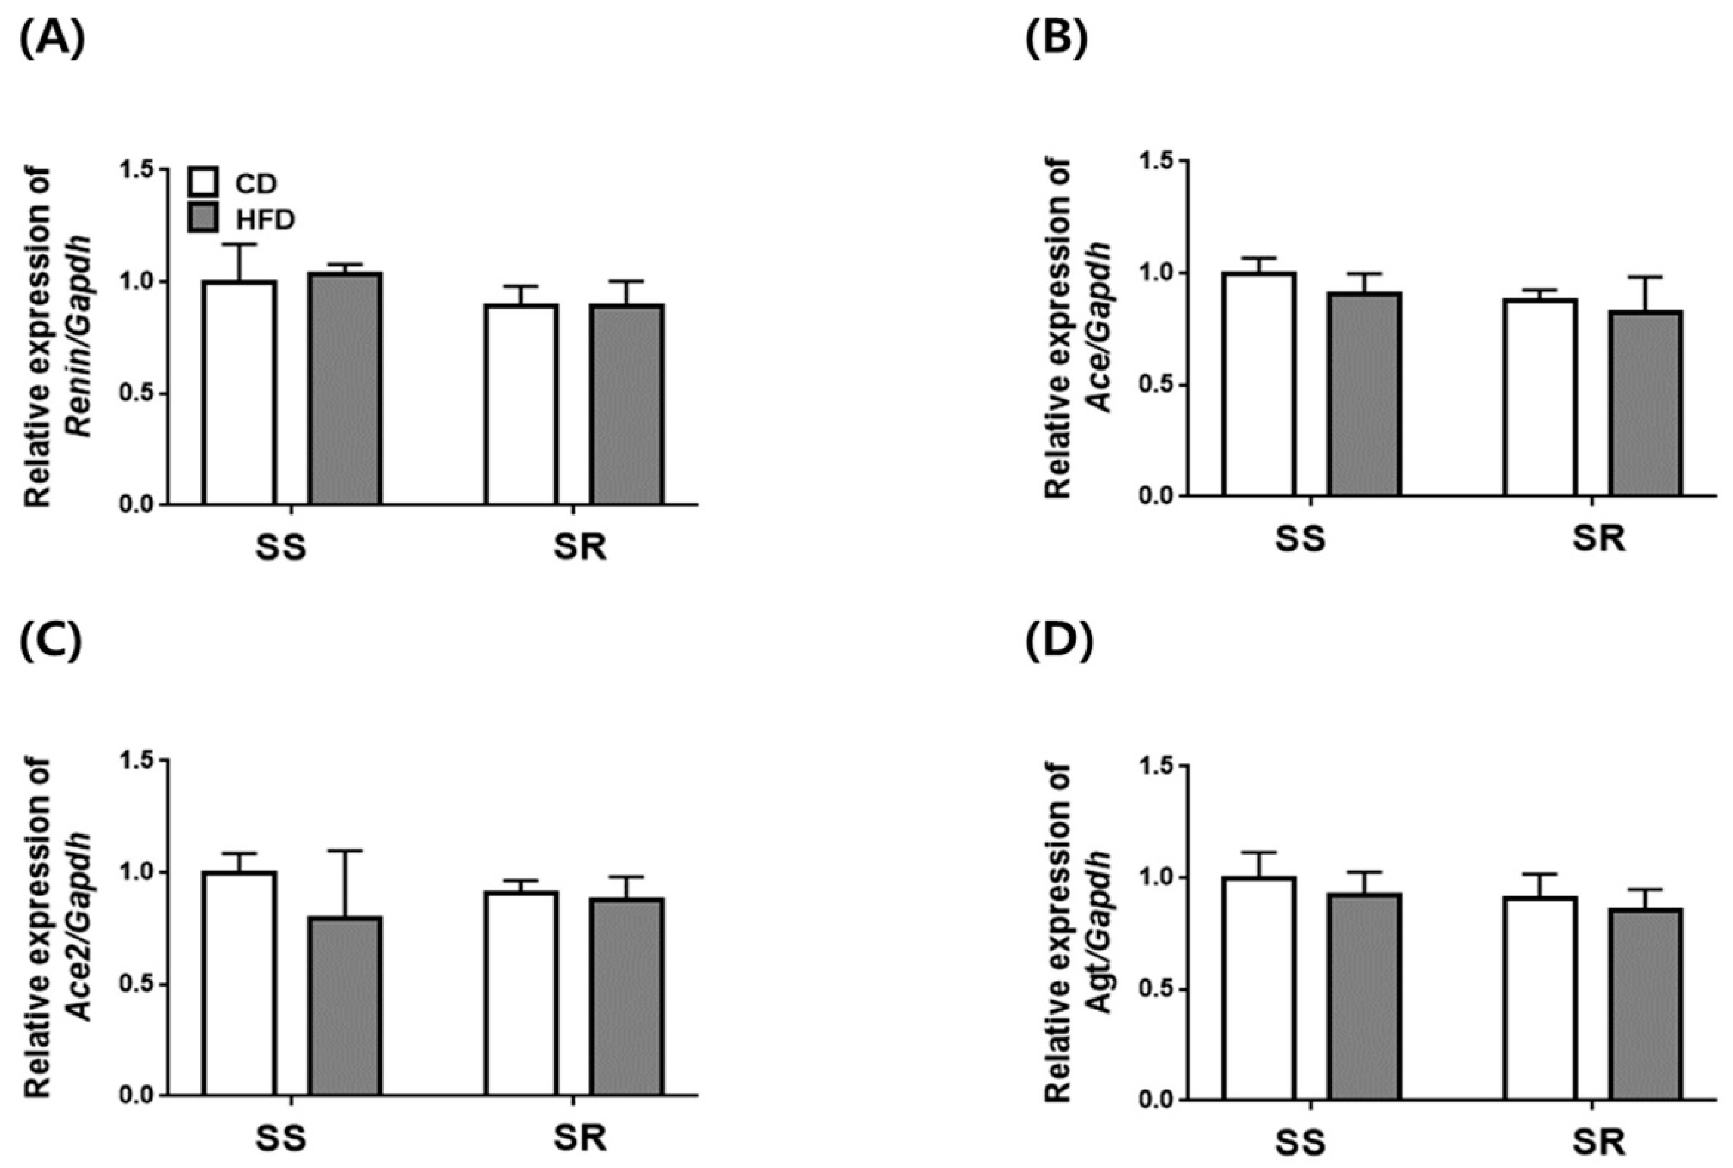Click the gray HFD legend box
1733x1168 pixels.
coord(203,218)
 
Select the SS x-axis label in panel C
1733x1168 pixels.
coord(281,1140)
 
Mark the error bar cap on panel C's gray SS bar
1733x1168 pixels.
coord(346,851)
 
